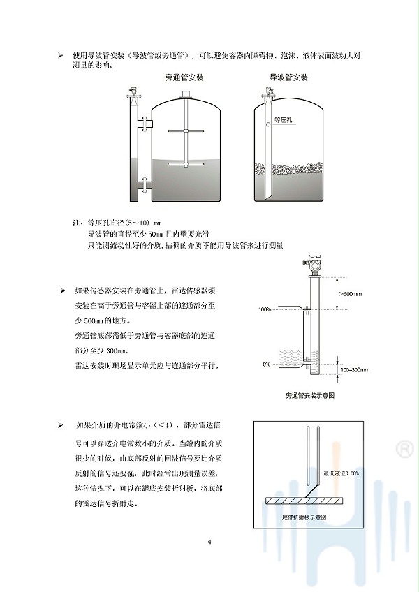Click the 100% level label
[264, 309]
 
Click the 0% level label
[266, 364]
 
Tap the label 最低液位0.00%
[342, 473]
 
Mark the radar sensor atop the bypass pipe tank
[131, 91]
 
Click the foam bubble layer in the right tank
[288, 170]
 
